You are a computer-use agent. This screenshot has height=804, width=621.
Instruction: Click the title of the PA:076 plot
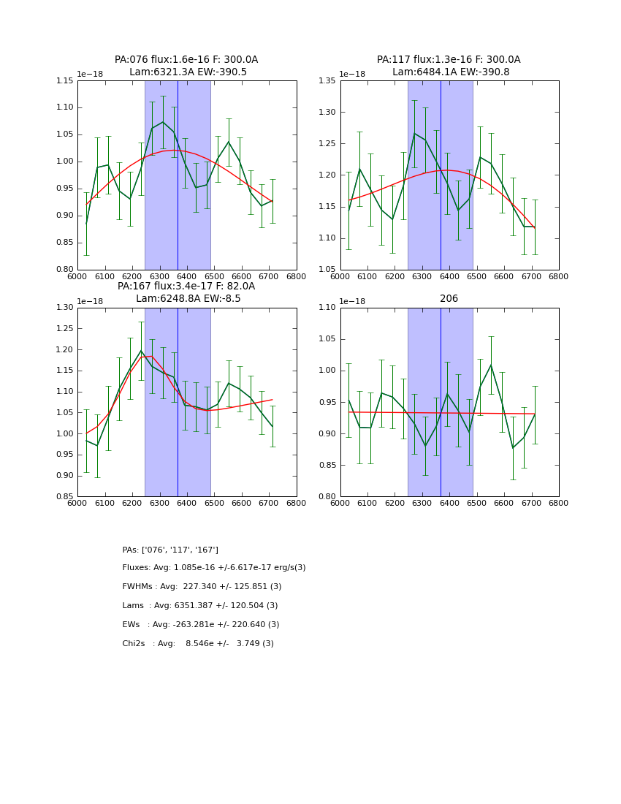[x=186, y=66]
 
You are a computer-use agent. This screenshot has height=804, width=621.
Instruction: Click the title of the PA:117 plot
[x=449, y=66]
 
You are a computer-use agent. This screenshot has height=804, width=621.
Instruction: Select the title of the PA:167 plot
[x=186, y=292]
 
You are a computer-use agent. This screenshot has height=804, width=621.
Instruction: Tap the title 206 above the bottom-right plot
[x=449, y=298]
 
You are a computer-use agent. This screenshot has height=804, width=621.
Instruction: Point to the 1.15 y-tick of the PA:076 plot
[x=64, y=80]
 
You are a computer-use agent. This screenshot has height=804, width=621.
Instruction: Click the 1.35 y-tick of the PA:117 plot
[x=327, y=80]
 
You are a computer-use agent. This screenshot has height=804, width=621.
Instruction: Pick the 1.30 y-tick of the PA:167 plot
[x=64, y=308]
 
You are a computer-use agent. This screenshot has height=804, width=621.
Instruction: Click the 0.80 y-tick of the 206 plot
[x=327, y=497]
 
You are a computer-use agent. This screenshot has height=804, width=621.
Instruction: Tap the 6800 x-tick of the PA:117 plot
[x=559, y=276]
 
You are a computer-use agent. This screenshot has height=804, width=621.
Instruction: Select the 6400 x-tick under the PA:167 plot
[x=187, y=503]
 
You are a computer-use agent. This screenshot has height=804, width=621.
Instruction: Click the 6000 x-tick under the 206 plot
[x=340, y=503]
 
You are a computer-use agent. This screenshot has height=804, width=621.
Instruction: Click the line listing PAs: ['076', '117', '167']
[x=170, y=550]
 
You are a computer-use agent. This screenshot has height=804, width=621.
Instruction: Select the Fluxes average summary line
[x=214, y=568]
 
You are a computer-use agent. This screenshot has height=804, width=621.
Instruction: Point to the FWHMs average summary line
[x=202, y=587]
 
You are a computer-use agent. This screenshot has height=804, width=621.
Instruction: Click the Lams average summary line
[x=200, y=606]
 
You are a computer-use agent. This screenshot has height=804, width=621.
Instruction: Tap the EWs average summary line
[x=201, y=625]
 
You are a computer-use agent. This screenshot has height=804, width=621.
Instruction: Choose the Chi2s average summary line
[x=198, y=644]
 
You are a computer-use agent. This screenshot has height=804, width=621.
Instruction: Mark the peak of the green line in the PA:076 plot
[x=163, y=122]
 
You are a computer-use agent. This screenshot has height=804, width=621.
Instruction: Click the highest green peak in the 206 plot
[x=490, y=365]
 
